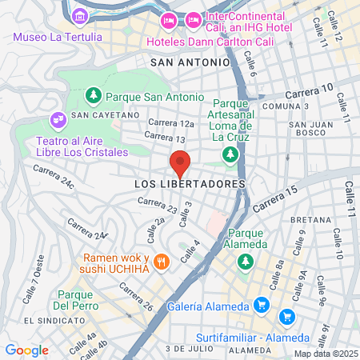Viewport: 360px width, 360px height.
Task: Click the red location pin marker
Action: click(x=180, y=165)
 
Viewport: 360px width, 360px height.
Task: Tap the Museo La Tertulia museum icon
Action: click(x=79, y=16)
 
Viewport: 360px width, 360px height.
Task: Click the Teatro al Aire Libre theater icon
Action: click(x=58, y=120)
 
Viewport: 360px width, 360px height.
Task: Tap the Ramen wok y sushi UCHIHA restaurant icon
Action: click(x=162, y=261)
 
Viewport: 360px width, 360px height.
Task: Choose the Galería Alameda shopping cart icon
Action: click(x=261, y=305)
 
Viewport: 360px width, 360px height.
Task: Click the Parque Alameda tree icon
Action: click(x=246, y=261)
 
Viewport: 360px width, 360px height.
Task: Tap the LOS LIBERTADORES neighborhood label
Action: click(x=189, y=184)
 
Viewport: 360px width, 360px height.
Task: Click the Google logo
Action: click(x=26, y=350)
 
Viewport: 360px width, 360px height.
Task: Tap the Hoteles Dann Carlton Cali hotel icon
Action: click(x=169, y=19)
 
